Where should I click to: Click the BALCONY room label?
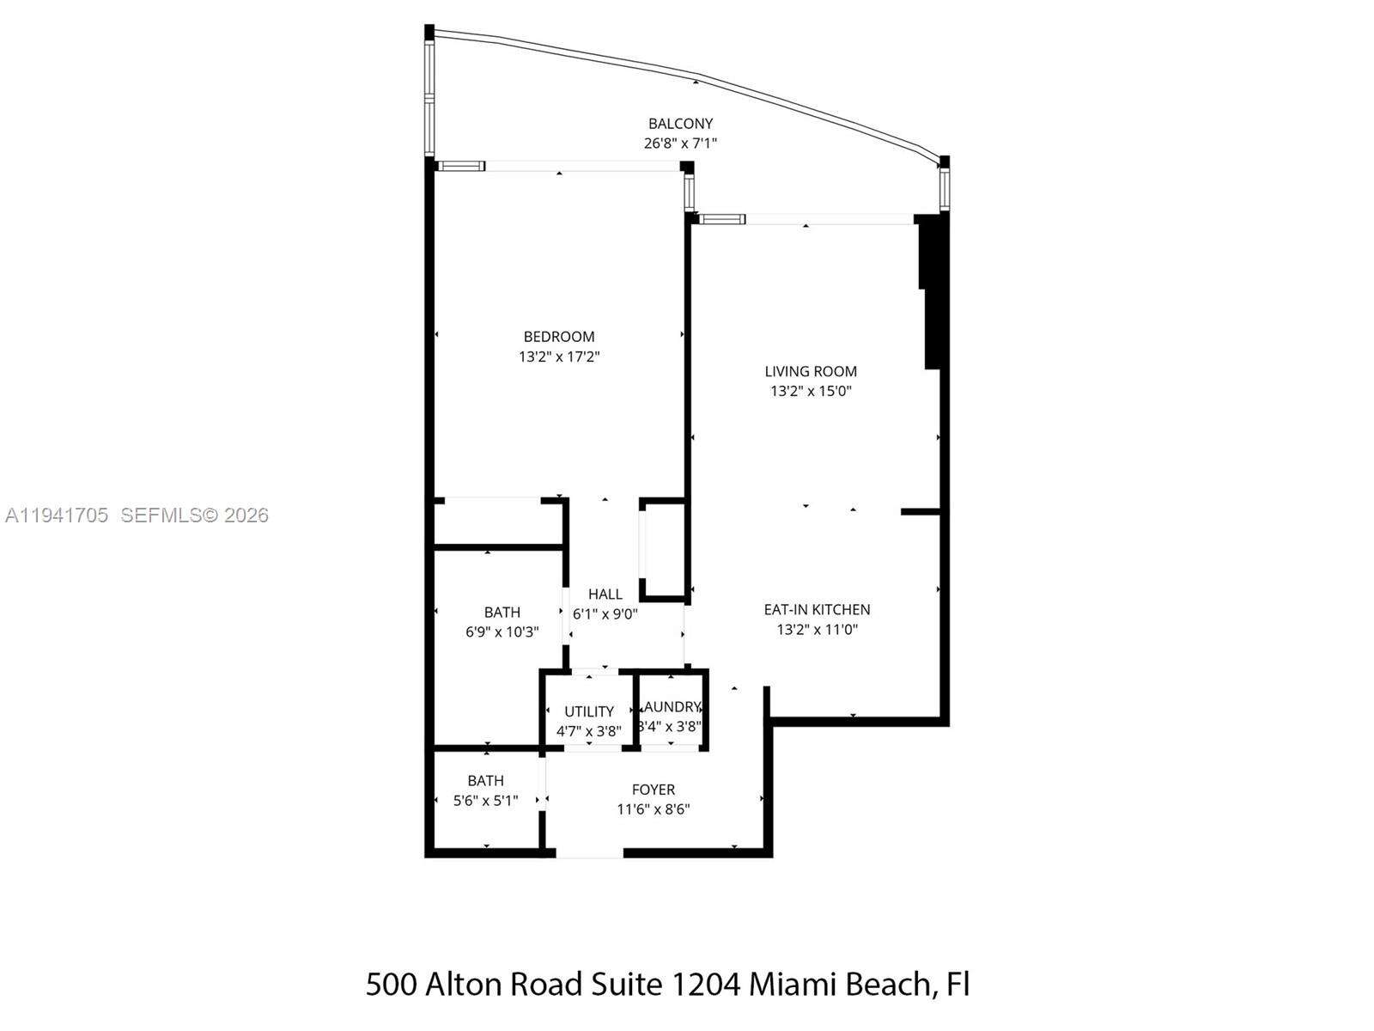[x=680, y=124]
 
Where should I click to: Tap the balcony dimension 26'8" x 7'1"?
[x=680, y=143]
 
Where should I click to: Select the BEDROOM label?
[x=559, y=337]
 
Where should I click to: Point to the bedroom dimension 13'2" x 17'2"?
[x=559, y=357]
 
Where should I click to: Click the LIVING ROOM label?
[x=811, y=371]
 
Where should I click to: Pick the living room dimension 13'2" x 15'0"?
[x=811, y=391]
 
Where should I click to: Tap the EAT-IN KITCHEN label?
[x=817, y=609]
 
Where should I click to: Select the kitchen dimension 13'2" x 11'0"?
[x=817, y=629]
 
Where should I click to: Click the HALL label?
[x=605, y=594]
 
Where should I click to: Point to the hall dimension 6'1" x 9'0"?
[x=605, y=613]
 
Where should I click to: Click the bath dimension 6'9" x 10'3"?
[x=502, y=631]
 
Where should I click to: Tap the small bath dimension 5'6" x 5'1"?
[x=486, y=801]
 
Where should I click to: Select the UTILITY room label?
[x=589, y=711]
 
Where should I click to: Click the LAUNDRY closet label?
[x=672, y=706]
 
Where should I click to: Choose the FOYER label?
[x=654, y=789]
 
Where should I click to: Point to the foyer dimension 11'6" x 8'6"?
[x=654, y=808]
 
